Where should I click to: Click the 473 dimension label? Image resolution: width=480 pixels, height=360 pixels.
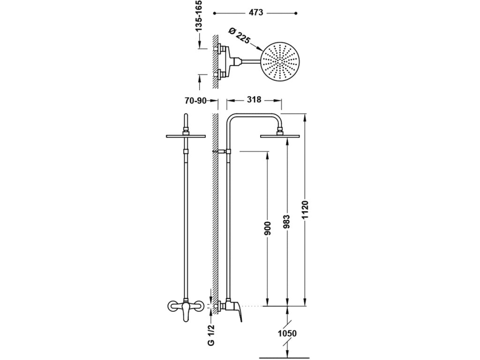(x=255, y=15)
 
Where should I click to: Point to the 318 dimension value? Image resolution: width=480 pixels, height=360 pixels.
(x=254, y=100)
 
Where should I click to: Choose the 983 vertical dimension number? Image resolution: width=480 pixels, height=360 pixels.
(x=286, y=222)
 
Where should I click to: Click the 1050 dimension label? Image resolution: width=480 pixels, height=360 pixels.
(x=287, y=334)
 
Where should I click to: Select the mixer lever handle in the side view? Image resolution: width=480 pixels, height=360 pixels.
(x=244, y=312)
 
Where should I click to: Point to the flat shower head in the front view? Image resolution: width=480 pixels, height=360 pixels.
(x=186, y=136)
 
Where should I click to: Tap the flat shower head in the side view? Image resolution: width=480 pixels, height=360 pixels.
(x=280, y=136)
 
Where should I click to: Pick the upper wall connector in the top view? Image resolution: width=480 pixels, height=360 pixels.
(x=219, y=48)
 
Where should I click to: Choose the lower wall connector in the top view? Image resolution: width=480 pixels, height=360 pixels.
(x=219, y=75)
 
